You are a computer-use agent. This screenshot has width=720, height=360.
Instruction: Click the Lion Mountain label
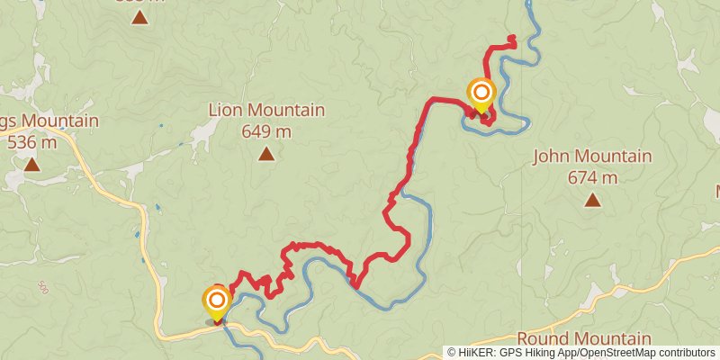(266, 111)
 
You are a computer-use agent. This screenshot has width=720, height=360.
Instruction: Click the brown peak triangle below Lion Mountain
(266, 155)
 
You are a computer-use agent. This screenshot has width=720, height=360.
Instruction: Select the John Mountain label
(592, 157)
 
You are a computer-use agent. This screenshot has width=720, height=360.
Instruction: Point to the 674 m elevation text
(592, 177)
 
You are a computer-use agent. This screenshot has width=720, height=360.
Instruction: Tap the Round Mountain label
(584, 339)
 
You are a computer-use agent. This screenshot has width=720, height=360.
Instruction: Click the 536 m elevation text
(31, 141)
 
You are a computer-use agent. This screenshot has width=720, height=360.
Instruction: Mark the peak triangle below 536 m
(31, 165)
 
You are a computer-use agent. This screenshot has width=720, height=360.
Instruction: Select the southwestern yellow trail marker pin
(217, 301)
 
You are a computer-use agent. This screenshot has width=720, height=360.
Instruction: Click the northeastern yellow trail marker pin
(481, 94)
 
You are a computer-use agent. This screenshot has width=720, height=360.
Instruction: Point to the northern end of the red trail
(512, 38)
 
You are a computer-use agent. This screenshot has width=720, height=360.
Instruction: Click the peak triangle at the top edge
(139, 16)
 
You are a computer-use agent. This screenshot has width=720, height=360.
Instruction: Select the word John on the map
(552, 157)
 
